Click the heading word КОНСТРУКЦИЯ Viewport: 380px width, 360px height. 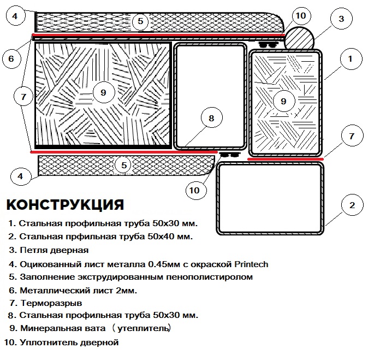65,205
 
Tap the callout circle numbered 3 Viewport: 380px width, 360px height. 341,19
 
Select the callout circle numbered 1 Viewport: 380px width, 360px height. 351,57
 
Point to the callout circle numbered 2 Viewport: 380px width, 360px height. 352,205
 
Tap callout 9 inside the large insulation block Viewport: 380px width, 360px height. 103,93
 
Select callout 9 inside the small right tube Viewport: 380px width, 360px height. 283,101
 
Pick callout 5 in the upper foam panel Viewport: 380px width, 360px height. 140,21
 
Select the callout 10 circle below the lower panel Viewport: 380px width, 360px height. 195,190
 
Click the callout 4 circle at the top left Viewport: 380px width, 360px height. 16,16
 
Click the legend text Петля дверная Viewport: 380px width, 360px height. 53,251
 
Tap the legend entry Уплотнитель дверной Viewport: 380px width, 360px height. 68,343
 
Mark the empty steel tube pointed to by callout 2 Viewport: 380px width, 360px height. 270,199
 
